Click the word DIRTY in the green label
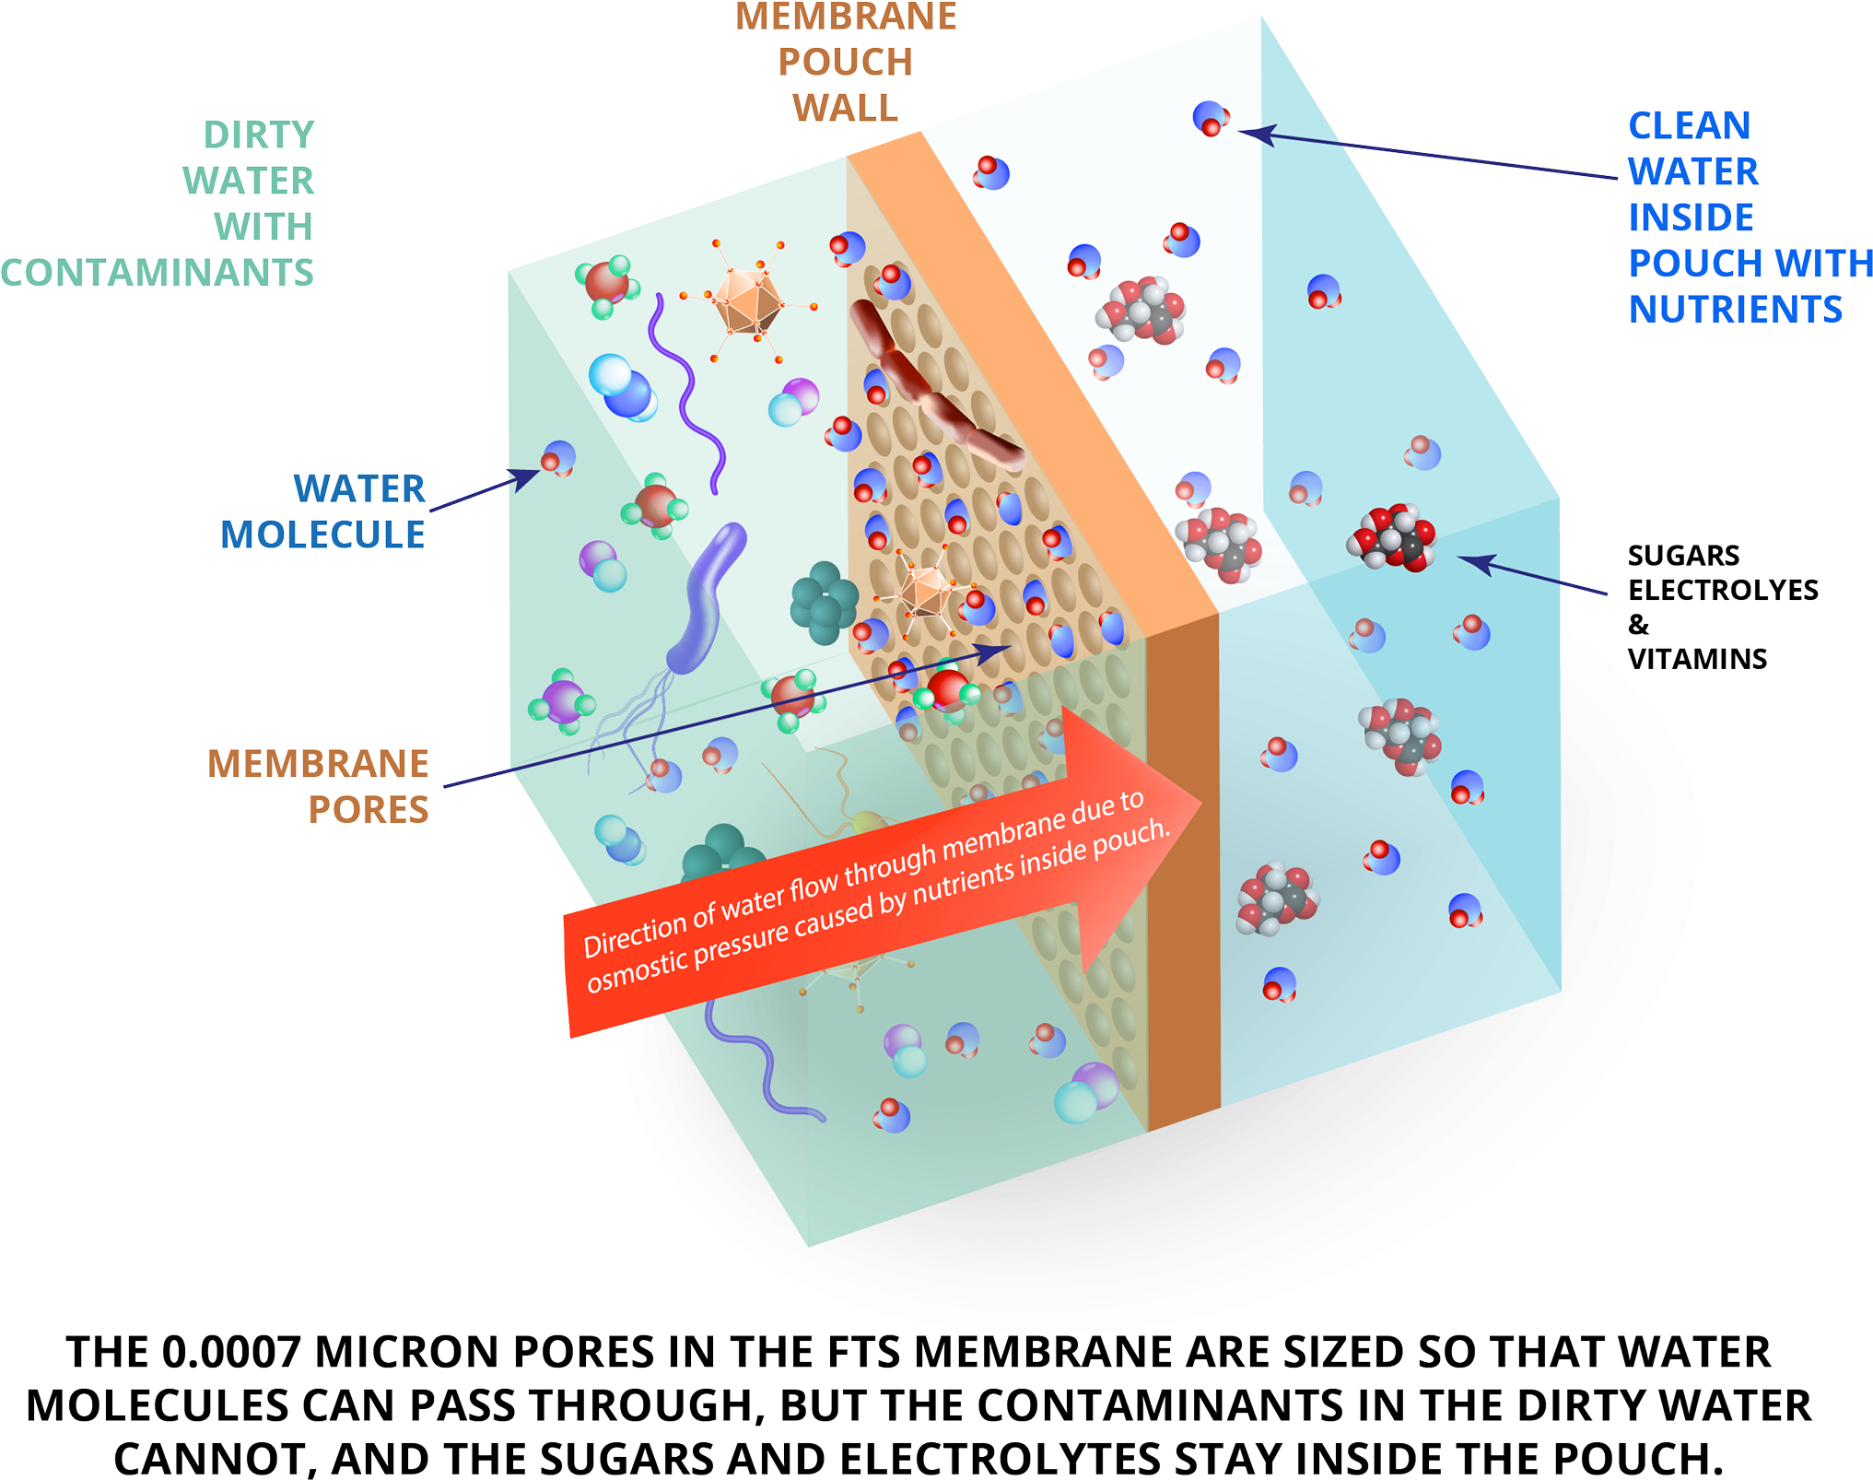259,135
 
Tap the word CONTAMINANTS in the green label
158,273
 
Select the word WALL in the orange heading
846,109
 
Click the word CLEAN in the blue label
1689,126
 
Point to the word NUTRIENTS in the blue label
1736,310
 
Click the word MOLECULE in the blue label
322,534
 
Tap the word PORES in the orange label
369,810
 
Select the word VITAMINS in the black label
1697,659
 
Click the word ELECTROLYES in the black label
1723,590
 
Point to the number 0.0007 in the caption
231,1353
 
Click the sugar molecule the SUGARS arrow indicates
1391,537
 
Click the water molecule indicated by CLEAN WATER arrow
1211,118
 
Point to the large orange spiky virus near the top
747,300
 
